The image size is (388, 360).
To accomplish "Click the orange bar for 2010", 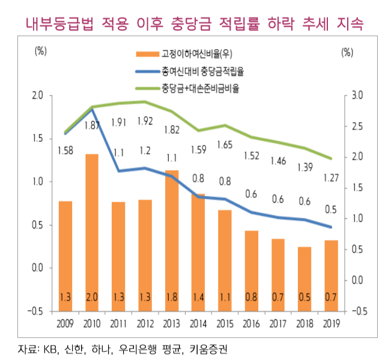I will (92, 231).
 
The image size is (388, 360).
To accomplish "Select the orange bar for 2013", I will (171, 240).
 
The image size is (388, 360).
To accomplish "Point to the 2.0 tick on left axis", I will (37, 96).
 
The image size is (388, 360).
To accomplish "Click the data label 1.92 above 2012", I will (145, 121).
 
